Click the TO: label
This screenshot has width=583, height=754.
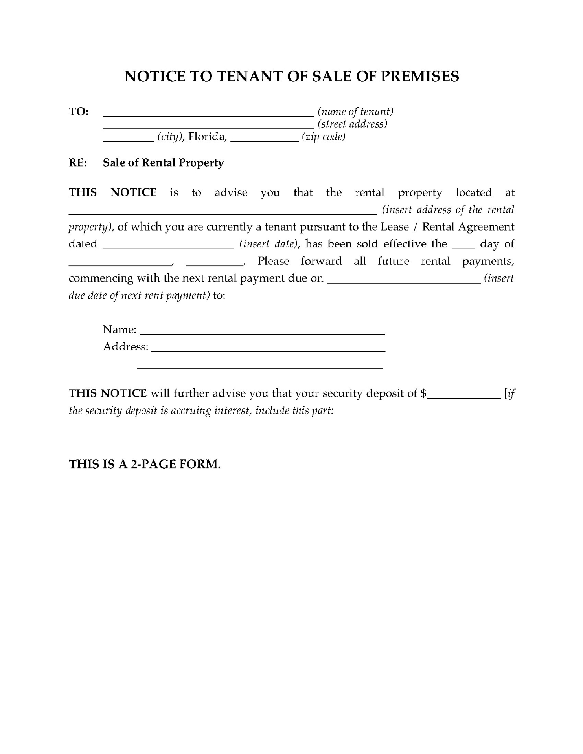[x=79, y=112]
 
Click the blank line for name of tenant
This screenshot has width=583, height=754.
[x=208, y=115]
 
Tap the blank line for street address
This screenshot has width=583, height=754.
[x=208, y=127]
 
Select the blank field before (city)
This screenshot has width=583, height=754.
[x=129, y=140]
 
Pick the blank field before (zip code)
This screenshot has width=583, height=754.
[x=265, y=140]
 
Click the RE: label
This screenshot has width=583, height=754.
[x=78, y=163]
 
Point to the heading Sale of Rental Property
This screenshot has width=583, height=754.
[x=163, y=163]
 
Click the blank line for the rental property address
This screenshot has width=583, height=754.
[x=223, y=213]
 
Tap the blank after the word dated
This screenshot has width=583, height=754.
[x=168, y=247]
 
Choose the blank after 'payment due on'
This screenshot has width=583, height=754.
[x=403, y=281]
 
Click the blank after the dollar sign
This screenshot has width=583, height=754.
[x=463, y=397]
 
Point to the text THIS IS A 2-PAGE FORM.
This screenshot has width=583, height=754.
[x=145, y=464]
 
